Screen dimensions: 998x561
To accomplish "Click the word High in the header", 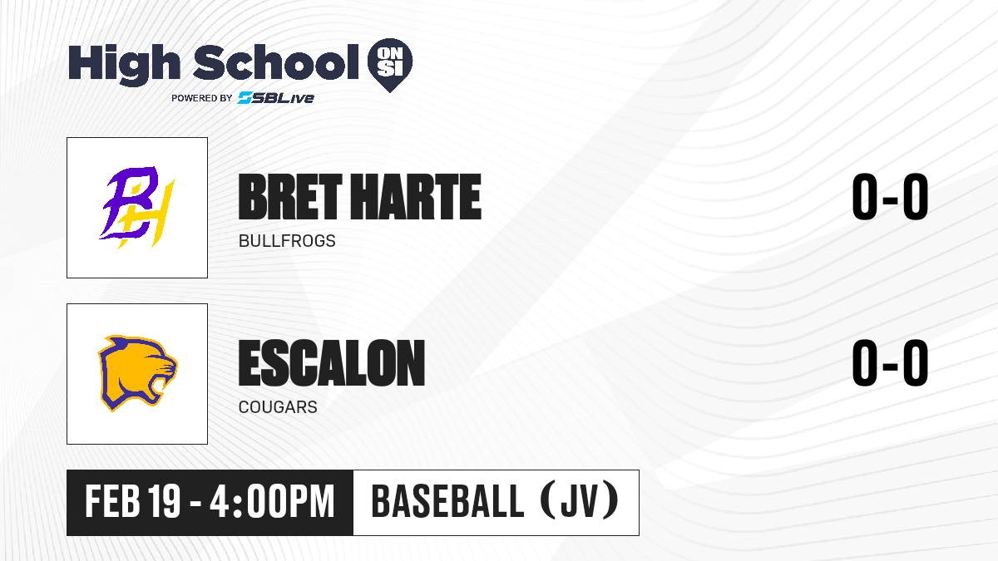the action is click(125, 65).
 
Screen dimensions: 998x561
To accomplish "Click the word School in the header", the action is click(276, 63).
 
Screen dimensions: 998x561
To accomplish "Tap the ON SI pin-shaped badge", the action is click(390, 65).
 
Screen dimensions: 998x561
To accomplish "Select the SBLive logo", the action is click(276, 98).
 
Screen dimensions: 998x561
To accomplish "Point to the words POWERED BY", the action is click(202, 98).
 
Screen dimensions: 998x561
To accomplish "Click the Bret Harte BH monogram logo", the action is click(136, 207).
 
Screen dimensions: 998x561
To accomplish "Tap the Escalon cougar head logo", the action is click(137, 373).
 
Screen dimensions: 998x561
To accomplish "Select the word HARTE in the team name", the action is click(416, 197).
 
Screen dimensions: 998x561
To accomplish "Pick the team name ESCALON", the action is click(332, 362).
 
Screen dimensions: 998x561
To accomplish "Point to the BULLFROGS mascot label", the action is click(287, 241).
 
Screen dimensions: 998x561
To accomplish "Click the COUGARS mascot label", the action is click(278, 407).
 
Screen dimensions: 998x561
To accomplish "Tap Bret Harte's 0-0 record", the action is click(890, 197).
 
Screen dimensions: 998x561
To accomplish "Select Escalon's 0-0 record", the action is click(890, 362).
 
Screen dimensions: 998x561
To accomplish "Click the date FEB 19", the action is click(133, 501).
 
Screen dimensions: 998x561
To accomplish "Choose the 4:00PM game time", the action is click(272, 501).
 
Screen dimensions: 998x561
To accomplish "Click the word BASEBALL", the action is click(447, 501).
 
